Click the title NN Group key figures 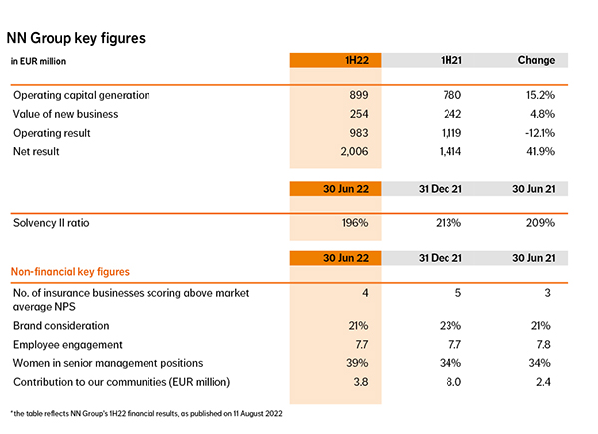pyautogui.click(x=76, y=39)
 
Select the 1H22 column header pyautogui.click(x=357, y=60)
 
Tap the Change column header pyautogui.click(x=536, y=60)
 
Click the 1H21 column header pyautogui.click(x=451, y=60)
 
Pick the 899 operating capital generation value pyautogui.click(x=359, y=95)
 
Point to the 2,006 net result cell pyautogui.click(x=354, y=152)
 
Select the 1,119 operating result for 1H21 pyautogui.click(x=451, y=133)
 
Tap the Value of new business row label pyautogui.click(x=65, y=114)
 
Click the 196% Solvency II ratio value pyautogui.click(x=355, y=223)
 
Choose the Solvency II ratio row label pyautogui.click(x=51, y=223)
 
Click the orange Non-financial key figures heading pyautogui.click(x=70, y=272)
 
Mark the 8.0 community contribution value pyautogui.click(x=453, y=382)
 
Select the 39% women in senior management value pyautogui.click(x=357, y=363)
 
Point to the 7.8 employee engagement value pyautogui.click(x=543, y=344)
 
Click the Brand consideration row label pyautogui.click(x=61, y=326)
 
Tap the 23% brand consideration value pyautogui.click(x=450, y=326)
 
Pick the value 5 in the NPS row pyautogui.click(x=458, y=293)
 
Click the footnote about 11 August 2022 pyautogui.click(x=147, y=413)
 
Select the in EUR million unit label pyautogui.click(x=38, y=61)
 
